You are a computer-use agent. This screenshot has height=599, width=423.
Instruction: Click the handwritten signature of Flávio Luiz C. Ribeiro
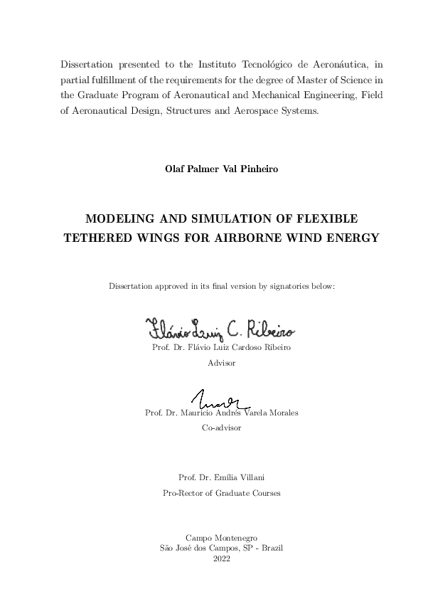coord(220,329)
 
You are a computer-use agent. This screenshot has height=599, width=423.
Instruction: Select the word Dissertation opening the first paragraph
coord(88,63)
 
